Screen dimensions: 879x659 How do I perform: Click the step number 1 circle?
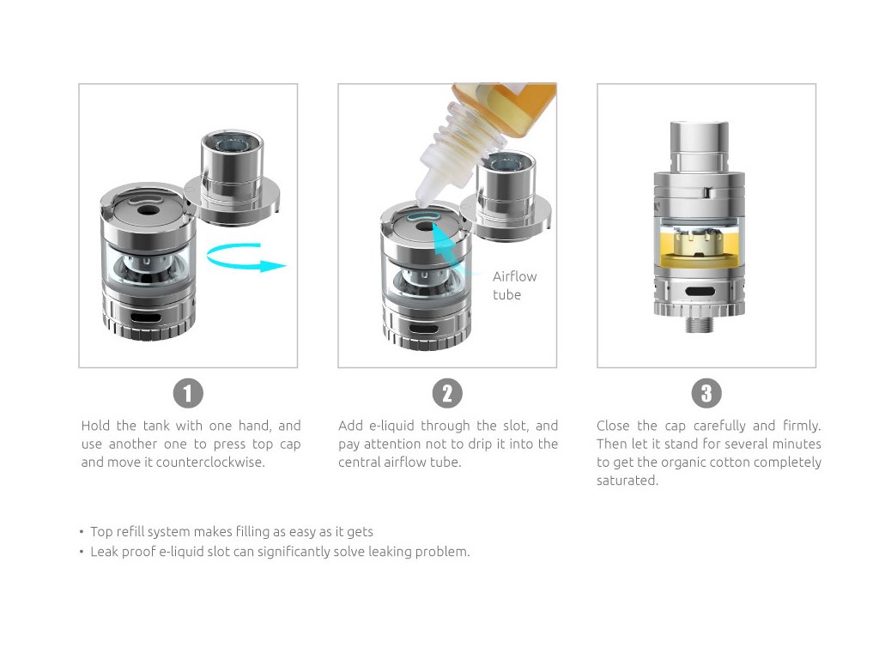[188, 393]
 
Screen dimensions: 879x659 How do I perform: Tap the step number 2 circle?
[447, 393]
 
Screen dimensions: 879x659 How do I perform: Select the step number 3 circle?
[706, 393]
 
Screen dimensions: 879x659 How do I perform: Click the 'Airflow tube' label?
[515, 285]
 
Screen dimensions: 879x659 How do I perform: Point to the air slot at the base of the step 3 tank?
[700, 292]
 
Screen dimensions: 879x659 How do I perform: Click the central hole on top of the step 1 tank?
[148, 212]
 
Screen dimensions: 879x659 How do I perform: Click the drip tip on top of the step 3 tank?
[699, 144]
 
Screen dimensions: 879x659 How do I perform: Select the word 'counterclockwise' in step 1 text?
[210, 463]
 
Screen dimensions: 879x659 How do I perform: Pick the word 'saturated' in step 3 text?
[627, 481]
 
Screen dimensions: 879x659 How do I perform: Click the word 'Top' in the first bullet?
[101, 532]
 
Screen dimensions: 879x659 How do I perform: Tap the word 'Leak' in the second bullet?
[104, 552]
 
